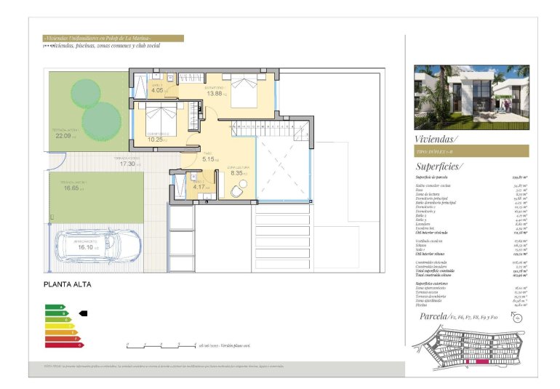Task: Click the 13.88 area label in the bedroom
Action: click(214, 94)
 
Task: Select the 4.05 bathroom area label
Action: click(158, 90)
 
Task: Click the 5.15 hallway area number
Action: click(209, 159)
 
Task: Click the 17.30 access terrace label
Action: click(128, 164)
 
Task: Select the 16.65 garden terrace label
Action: click(71, 188)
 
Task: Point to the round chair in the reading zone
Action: click(238, 191)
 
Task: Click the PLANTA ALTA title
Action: click(68, 285)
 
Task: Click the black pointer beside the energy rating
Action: click(82, 313)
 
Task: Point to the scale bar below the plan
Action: click(160, 345)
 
